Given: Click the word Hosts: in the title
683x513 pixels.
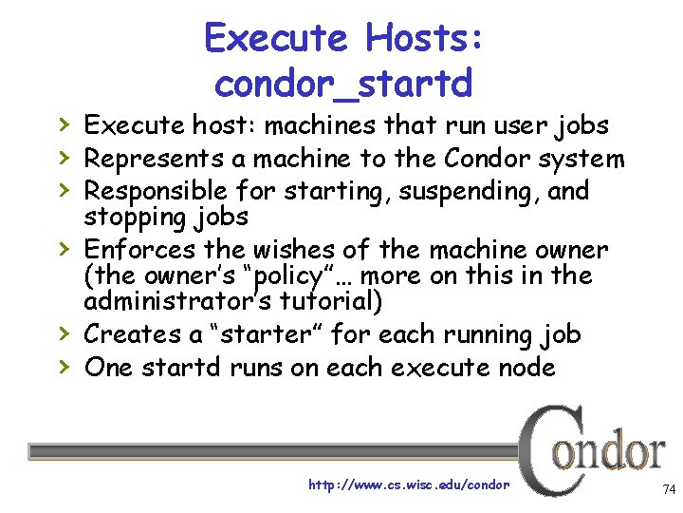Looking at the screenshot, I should (x=425, y=39).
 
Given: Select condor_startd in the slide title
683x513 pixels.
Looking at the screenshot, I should (x=343, y=85).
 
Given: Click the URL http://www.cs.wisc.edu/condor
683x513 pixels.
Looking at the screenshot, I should (x=409, y=484).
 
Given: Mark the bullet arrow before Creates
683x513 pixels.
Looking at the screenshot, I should (x=64, y=334).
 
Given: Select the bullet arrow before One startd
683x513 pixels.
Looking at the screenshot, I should (x=64, y=367).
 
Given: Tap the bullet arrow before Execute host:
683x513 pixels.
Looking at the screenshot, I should (x=64, y=125).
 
